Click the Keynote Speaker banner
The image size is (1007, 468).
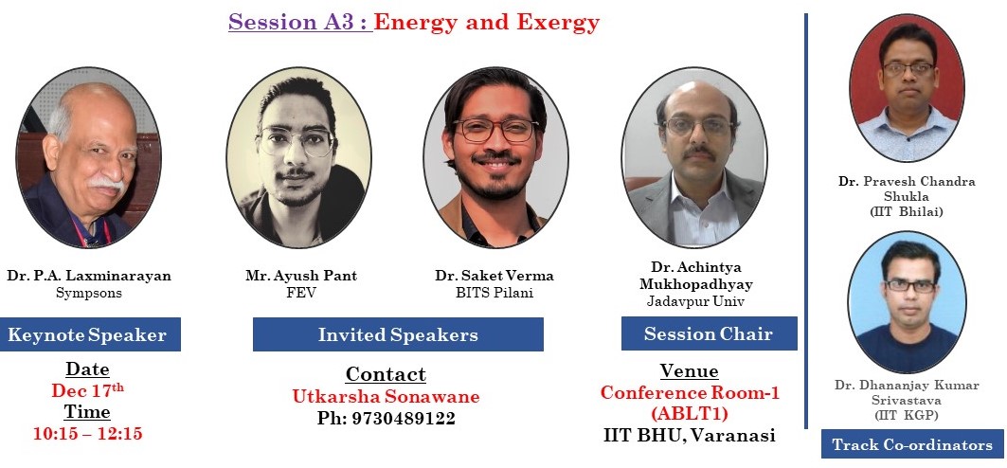(x=90, y=334)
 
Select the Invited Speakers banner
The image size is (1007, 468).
(x=398, y=334)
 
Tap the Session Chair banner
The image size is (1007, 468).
(x=709, y=333)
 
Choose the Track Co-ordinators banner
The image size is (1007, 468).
(x=912, y=444)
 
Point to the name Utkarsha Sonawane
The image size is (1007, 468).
(x=386, y=396)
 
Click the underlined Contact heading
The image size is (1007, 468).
(x=386, y=374)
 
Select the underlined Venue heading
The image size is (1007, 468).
(x=689, y=371)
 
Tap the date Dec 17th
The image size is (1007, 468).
(x=88, y=389)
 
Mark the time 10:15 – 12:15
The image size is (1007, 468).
(x=88, y=433)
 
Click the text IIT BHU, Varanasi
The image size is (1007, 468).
(x=689, y=435)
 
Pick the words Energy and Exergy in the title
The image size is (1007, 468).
(x=487, y=23)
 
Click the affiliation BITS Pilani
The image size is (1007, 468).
(x=494, y=293)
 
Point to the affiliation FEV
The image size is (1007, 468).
(x=300, y=293)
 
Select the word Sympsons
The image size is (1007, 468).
(x=89, y=294)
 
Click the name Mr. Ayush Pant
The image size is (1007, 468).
(x=301, y=276)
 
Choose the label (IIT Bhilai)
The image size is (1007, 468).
(x=907, y=211)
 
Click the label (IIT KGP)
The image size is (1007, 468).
(x=907, y=415)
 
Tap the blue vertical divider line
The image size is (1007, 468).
(x=805, y=220)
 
